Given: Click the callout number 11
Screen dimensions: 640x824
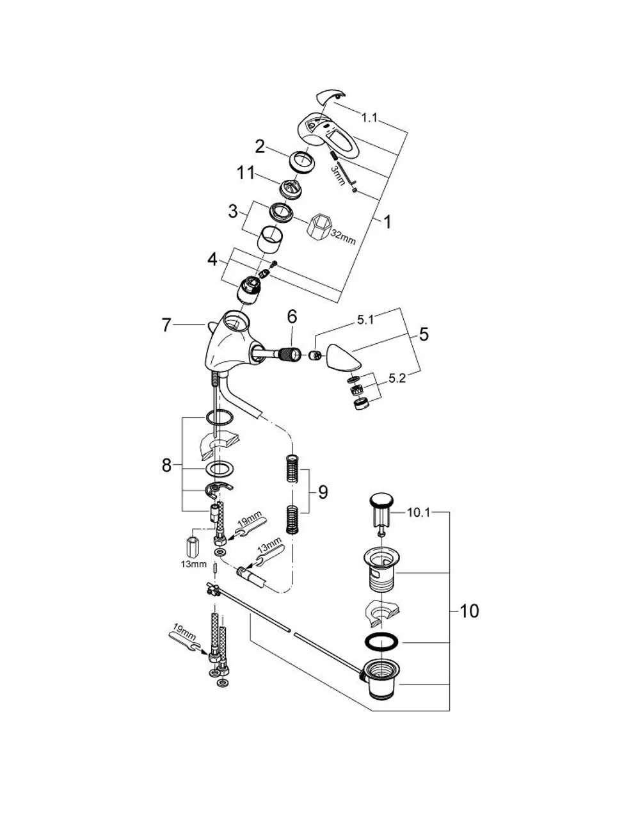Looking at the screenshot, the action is [x=246, y=174].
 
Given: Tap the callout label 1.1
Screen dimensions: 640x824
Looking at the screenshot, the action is [x=369, y=118].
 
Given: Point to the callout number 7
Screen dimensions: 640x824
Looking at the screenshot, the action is [x=166, y=325].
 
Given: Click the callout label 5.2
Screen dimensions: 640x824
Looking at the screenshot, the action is [x=397, y=378].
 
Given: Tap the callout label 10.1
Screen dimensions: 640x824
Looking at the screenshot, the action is [x=419, y=513].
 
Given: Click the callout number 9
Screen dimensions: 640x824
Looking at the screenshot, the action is [x=323, y=492].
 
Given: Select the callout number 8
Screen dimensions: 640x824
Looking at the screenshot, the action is [x=166, y=465].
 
